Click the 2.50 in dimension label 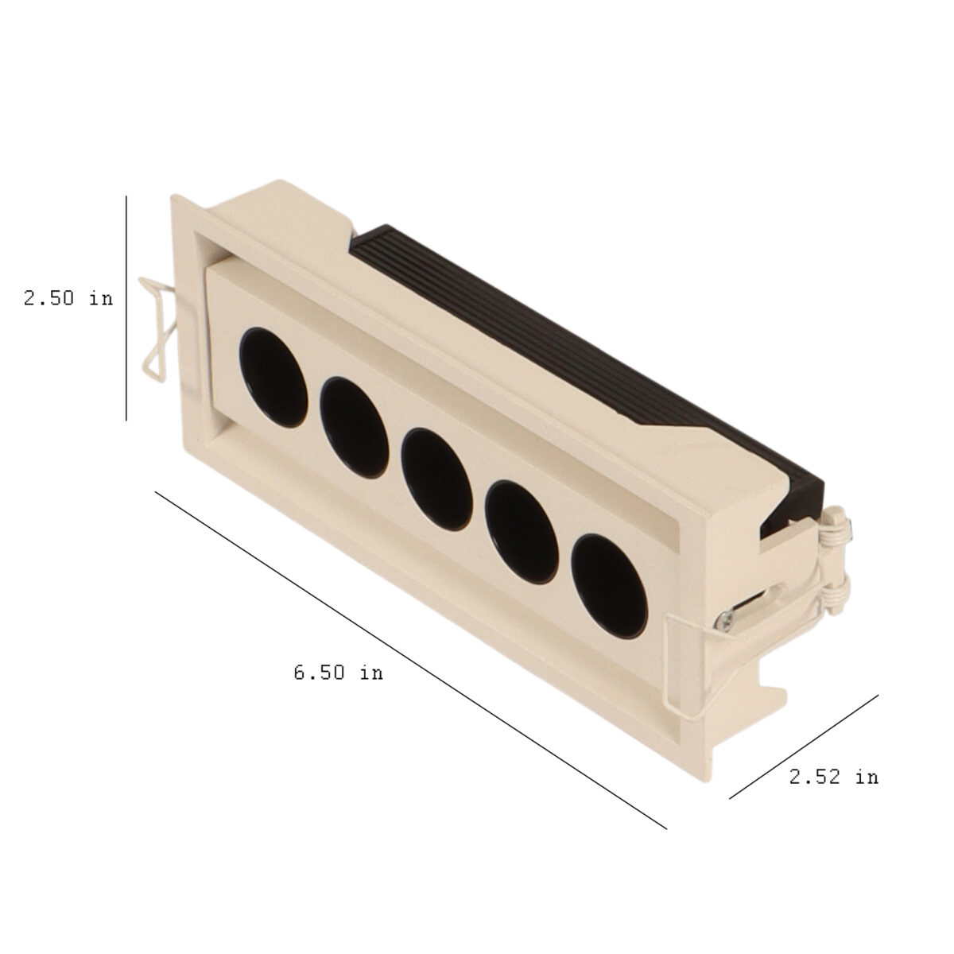pyautogui.click(x=68, y=298)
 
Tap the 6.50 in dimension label pyautogui.click(x=338, y=673)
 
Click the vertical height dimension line pyautogui.click(x=126, y=308)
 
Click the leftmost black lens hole pyautogui.click(x=273, y=377)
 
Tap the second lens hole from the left pyautogui.click(x=354, y=428)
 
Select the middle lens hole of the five pyautogui.click(x=436, y=479)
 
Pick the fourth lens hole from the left pyautogui.click(x=523, y=532)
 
